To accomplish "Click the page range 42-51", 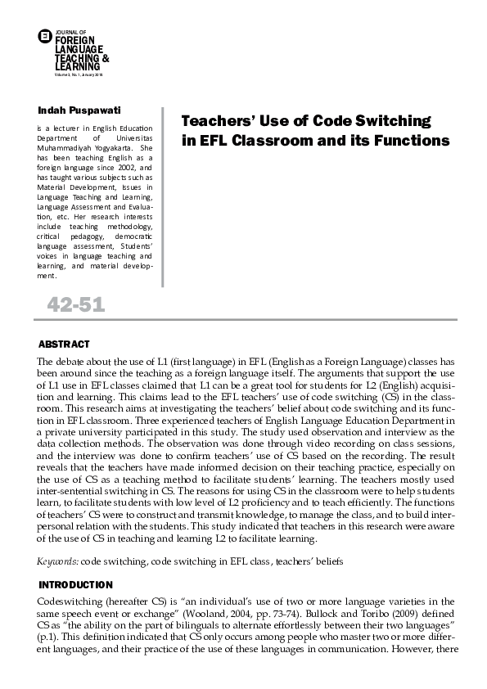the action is click(x=75, y=307).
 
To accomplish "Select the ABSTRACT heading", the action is click(x=64, y=344).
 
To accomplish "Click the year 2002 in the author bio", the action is click(x=117, y=167).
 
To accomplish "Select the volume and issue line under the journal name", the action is click(x=79, y=74).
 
